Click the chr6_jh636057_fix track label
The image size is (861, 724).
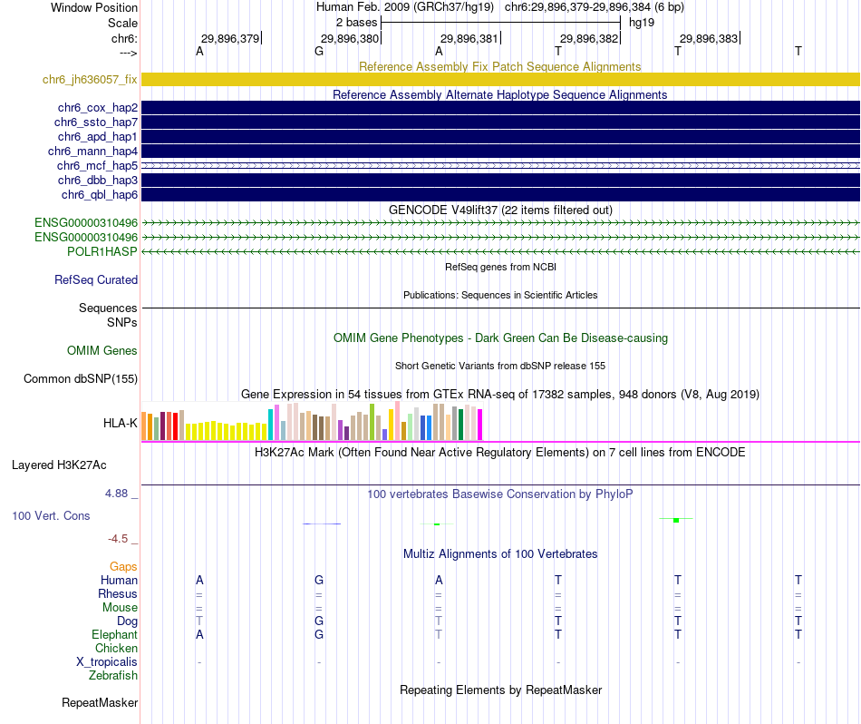[90, 80]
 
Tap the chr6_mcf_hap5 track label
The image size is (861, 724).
[97, 166]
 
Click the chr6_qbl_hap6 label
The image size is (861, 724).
[99, 195]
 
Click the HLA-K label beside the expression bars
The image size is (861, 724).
[121, 423]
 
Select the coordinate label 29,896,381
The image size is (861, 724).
[469, 39]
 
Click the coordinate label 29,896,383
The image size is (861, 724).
[709, 39]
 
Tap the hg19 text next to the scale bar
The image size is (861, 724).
[642, 22]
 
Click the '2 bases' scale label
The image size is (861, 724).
[357, 22]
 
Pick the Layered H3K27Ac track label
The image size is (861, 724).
[59, 465]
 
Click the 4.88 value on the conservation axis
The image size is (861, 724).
[118, 494]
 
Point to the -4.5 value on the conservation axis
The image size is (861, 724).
[120, 539]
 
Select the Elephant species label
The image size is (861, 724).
[114, 635]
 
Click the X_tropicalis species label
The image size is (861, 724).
[107, 662]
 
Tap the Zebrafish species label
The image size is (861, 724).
[113, 676]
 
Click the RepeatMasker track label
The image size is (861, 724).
[100, 703]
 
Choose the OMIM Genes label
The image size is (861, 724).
[102, 351]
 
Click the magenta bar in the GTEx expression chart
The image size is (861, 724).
[480, 425]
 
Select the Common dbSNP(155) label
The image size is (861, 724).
[80, 379]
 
